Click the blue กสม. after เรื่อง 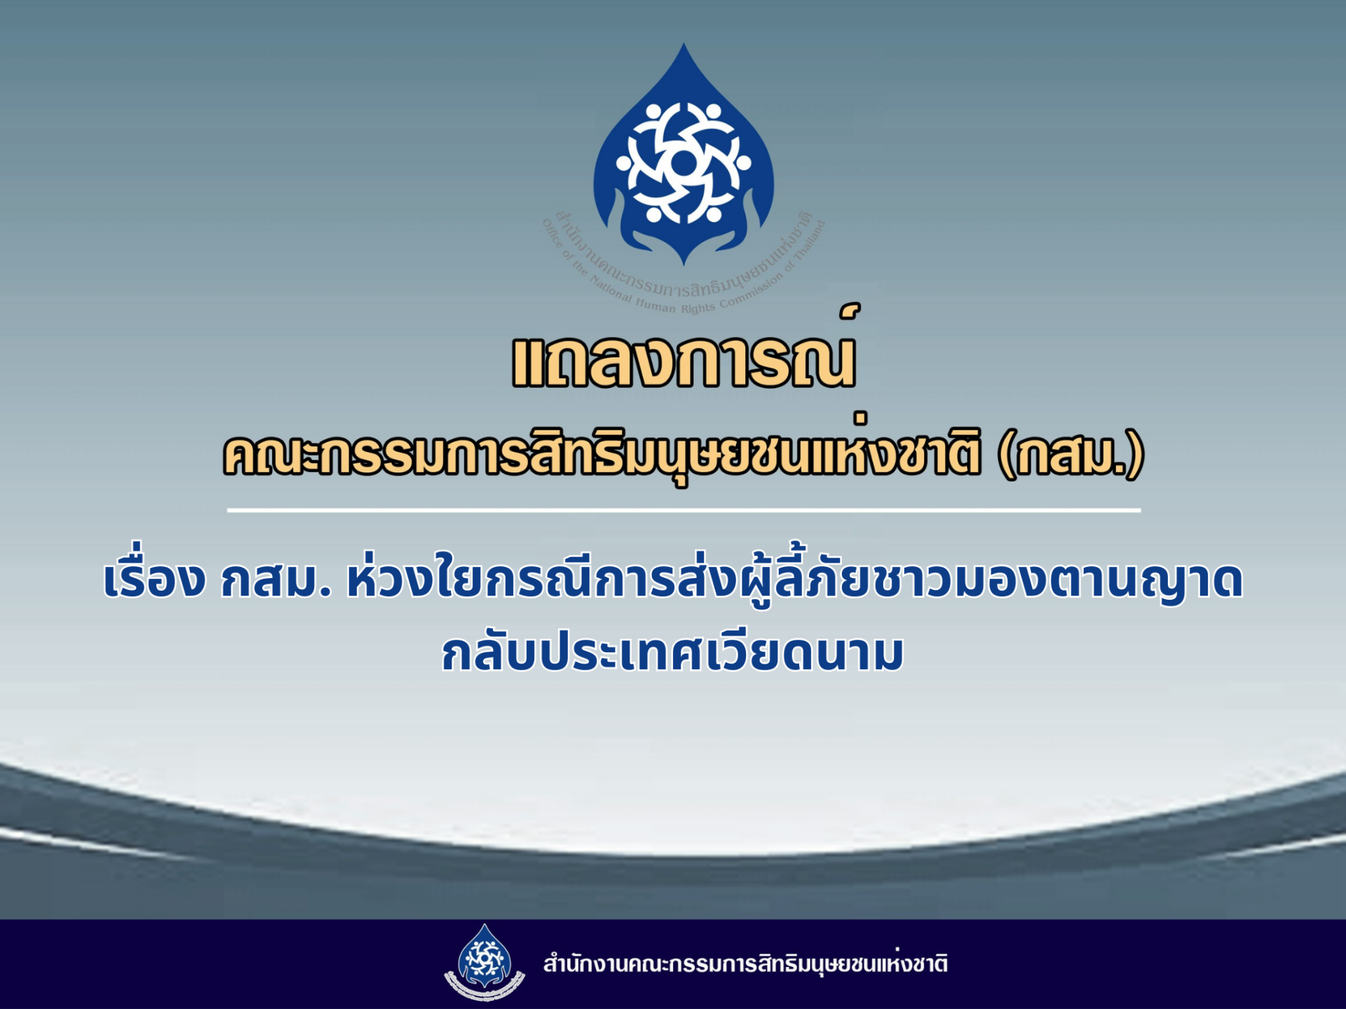tap(276, 580)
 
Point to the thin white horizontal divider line tap(684, 510)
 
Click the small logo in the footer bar tap(484, 963)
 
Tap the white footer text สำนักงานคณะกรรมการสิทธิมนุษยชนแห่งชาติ tap(746, 963)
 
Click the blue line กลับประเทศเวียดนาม tap(673, 652)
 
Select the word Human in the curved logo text tap(655, 306)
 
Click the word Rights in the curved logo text tap(698, 308)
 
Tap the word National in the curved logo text tap(610, 289)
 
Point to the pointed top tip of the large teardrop tap(684, 44)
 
